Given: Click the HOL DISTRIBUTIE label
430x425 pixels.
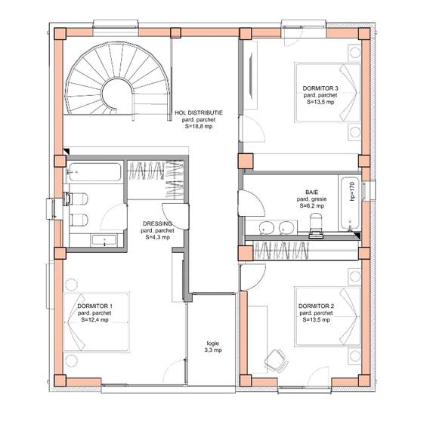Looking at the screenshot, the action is (199, 112).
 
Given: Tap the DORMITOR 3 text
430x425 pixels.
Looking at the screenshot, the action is (320, 88).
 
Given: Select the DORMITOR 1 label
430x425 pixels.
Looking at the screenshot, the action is (95, 306).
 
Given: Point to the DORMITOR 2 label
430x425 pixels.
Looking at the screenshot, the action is (316, 306).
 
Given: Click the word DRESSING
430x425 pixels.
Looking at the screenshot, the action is (157, 223).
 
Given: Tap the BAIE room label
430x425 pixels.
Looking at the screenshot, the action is (312, 192).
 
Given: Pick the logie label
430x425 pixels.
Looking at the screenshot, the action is (213, 343).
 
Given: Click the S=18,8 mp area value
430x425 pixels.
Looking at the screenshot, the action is (199, 126).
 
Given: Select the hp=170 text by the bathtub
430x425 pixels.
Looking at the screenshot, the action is (352, 191).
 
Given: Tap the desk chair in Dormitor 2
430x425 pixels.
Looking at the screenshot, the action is (277, 360).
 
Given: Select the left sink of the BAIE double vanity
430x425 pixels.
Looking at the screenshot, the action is (266, 228).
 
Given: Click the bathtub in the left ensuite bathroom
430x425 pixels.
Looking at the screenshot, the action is (94, 172).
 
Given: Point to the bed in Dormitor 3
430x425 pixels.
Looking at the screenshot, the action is (327, 92).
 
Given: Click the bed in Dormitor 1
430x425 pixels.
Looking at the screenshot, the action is (97, 322).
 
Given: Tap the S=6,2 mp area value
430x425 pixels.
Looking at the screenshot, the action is (312, 206).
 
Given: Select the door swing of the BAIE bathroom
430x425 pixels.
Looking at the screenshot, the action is (252, 203).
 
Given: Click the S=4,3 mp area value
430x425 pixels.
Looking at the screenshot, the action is (157, 237).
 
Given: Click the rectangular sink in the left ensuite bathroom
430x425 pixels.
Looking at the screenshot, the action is (104, 240).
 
